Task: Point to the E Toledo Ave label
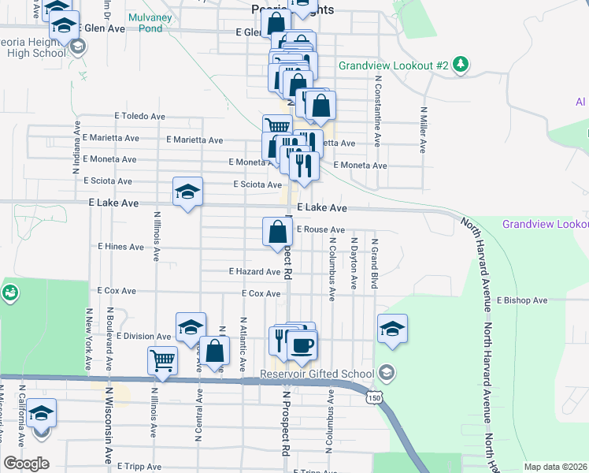tap(139, 116)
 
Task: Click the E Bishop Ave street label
tap(522, 300)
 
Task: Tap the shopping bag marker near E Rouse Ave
tap(277, 233)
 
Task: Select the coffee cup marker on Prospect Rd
tap(302, 344)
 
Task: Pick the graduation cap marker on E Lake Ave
tap(187, 192)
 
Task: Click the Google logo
tap(26, 463)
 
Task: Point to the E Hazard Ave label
tap(254, 271)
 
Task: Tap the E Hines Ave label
tap(120, 247)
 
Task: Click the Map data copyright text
tap(556, 467)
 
